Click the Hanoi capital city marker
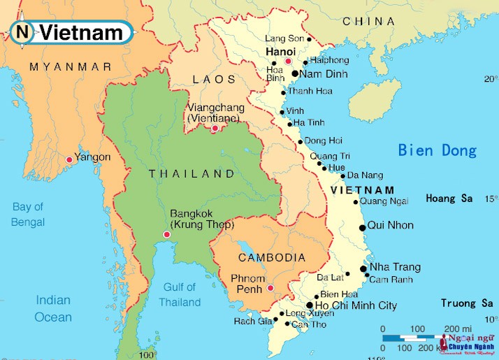pyautogui.click(x=288, y=62)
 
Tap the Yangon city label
pyautogui.click(x=92, y=157)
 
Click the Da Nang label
pyautogui.click(x=365, y=175)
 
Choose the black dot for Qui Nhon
pyautogui.click(x=362, y=227)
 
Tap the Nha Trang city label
pyautogui.click(x=395, y=267)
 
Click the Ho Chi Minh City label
pyautogui.click(x=356, y=305)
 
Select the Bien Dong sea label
pyautogui.click(x=437, y=150)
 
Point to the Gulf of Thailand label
pyautogui.click(x=180, y=295)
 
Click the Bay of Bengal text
pyautogui.click(x=28, y=215)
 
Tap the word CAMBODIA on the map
pyautogui.click(x=272, y=258)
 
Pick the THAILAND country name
pyautogui.click(x=191, y=173)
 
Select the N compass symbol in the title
pyautogui.click(x=23, y=31)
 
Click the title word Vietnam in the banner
pyautogui.click(x=81, y=32)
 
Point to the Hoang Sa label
pyautogui.click(x=449, y=199)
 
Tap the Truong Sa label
pyautogui.click(x=467, y=303)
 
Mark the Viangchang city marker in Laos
pyautogui.click(x=215, y=128)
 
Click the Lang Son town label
pyautogui.click(x=285, y=38)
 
